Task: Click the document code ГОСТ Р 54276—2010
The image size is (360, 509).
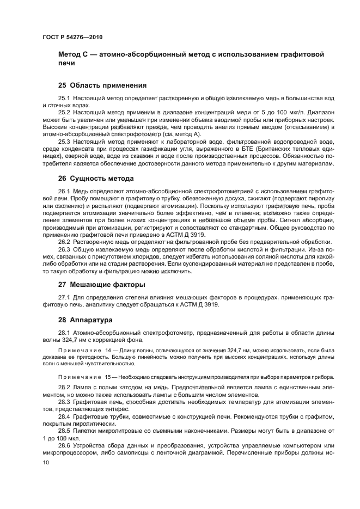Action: click(72, 38)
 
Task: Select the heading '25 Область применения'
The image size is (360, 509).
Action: click(102, 85)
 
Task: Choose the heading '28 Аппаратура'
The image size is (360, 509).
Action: click(85, 320)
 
